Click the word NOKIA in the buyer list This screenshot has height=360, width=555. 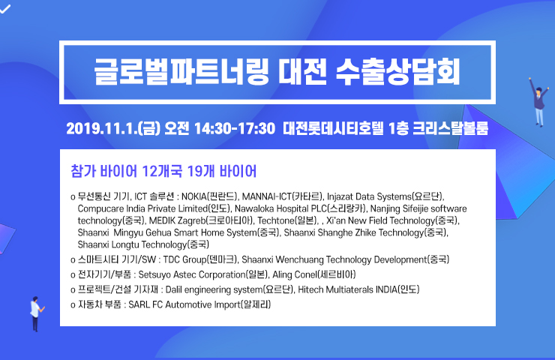[193, 196]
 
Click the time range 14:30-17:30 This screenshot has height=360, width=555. [234, 128]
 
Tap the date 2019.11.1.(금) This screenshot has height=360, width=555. [113, 128]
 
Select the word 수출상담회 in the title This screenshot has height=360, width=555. [397, 72]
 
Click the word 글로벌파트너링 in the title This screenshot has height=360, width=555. [181, 72]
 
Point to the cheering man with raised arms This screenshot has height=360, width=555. [538, 101]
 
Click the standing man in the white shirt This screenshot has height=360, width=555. [36, 313]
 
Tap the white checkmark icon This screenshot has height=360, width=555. [5, 8]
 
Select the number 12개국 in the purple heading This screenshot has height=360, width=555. [162, 171]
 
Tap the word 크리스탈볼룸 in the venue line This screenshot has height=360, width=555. [450, 128]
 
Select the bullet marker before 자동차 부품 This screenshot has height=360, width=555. [73, 305]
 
